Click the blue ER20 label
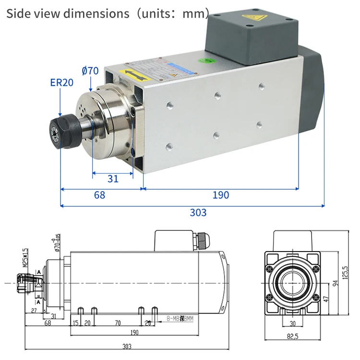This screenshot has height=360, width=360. coord(61,82)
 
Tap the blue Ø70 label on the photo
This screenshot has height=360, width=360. coord(90,71)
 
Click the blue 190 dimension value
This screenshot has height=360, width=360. coord(221,195)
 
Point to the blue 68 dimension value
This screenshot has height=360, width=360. coord(99,195)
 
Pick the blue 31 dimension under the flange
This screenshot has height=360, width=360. coord(113,179)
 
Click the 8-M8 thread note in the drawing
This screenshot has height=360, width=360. coord(180,318)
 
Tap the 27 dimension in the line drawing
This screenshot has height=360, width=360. coord(34,311)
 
